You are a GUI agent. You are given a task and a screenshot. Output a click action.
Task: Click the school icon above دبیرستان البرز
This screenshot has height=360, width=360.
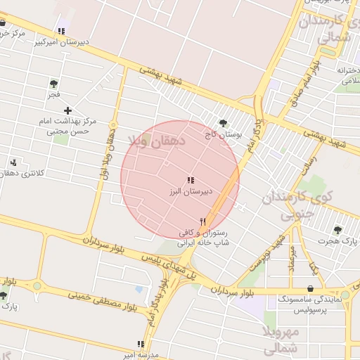point(191,179)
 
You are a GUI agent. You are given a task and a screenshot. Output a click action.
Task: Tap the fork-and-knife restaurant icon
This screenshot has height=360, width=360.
point(203,221)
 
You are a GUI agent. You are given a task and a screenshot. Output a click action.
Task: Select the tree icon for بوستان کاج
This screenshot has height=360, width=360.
point(223,122)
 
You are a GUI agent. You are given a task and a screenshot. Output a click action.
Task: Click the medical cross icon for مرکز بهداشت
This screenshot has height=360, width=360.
point(67,110)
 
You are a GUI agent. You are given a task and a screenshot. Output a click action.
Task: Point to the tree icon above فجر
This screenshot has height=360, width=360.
point(54,82)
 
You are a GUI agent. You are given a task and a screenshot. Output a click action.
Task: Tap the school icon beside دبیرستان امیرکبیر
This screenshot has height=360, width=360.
point(61,31)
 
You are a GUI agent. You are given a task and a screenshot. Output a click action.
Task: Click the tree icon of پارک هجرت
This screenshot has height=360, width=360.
point(337,229)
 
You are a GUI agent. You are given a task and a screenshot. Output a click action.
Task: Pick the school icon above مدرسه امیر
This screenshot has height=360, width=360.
point(141,344)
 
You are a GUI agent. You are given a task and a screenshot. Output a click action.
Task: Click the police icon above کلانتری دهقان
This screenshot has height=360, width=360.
point(13,162)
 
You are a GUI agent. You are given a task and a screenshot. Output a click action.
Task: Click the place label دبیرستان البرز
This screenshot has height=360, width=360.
point(192,191)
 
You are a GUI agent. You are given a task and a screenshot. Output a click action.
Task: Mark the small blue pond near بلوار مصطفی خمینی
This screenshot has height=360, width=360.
point(139,288)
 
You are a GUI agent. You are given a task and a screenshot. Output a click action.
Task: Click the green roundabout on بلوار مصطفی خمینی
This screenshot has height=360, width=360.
point(37,286)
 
